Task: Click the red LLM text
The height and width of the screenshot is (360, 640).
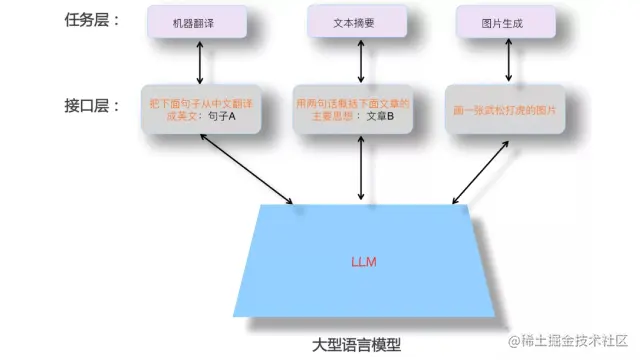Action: tap(363, 262)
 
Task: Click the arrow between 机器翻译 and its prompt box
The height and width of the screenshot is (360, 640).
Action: tap(201, 62)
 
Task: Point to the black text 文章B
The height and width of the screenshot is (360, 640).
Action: tap(379, 116)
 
